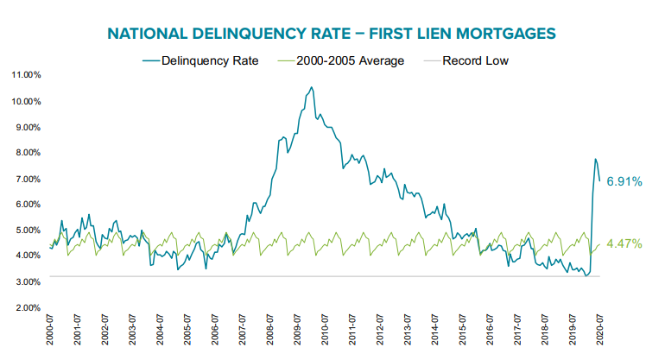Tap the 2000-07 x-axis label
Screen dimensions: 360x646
point(51,332)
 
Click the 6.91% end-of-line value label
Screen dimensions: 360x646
point(623,181)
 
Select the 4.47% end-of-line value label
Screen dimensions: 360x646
point(623,245)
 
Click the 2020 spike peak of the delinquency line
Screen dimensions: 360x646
point(595,159)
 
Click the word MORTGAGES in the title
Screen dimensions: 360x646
point(495,34)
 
